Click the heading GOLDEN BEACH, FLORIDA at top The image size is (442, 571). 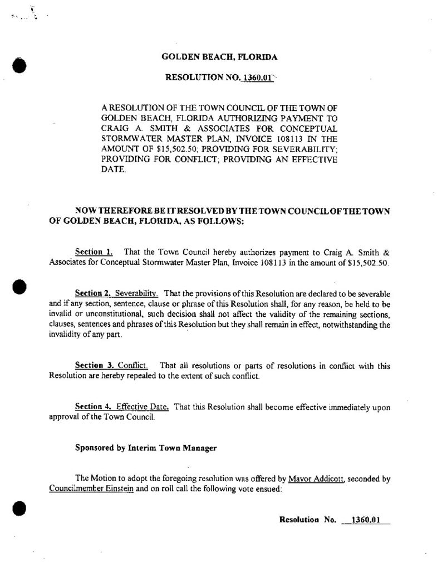click(219, 57)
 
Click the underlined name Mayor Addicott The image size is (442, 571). click(315, 479)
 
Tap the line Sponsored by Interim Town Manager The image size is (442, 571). click(146, 448)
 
